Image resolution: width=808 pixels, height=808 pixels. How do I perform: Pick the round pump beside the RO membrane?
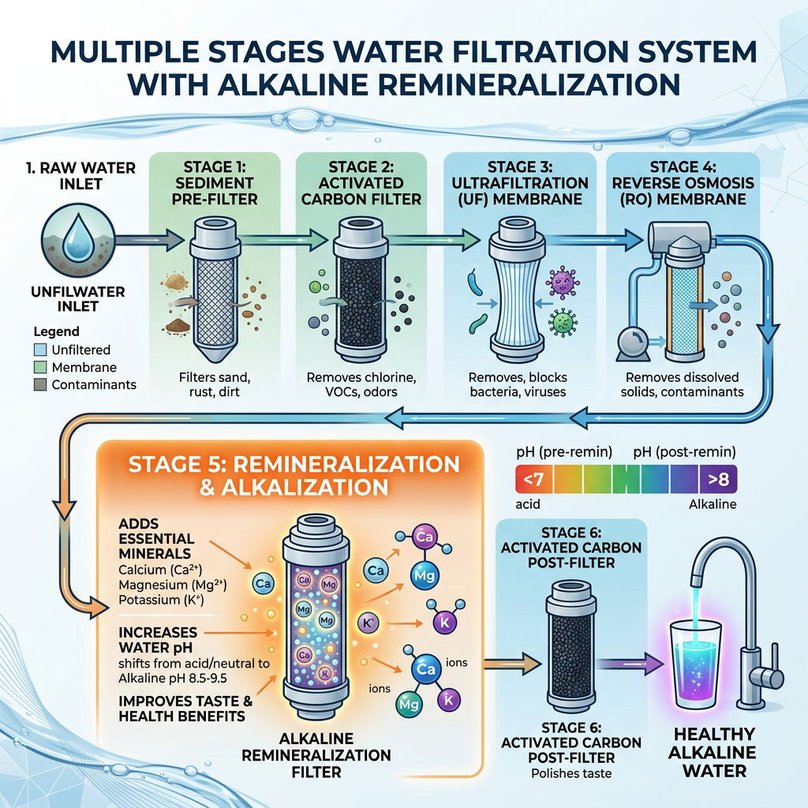pyautogui.click(x=634, y=344)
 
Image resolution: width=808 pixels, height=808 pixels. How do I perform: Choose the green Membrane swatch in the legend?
pyautogui.click(x=40, y=367)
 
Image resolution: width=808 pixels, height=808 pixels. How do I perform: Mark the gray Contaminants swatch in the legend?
pyautogui.click(x=40, y=385)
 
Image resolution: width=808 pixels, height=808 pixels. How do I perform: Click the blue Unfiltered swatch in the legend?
pyautogui.click(x=40, y=350)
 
